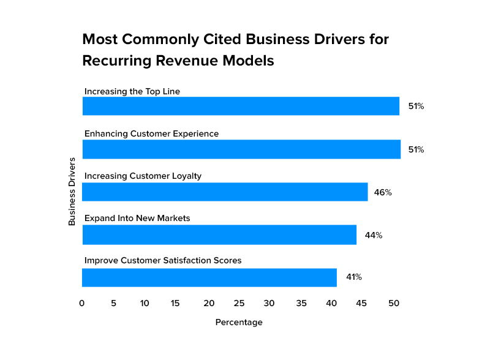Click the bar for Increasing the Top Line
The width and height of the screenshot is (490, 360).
pos(241,106)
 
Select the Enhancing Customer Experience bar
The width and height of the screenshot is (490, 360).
pos(241,149)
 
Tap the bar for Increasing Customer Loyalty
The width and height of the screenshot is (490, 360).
pos(225,192)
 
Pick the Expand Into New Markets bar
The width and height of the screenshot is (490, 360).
pos(219,234)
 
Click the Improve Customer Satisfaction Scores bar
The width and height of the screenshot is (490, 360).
pos(209,277)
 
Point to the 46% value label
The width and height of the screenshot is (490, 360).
pos(383,192)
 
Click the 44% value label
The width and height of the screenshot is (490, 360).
pos(374,235)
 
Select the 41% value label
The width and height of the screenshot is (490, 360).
pos(354,277)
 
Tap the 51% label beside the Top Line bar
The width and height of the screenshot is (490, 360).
pos(417,107)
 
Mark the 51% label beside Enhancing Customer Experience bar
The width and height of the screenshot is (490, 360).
pos(417,149)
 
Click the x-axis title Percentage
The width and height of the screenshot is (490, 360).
pos(239,322)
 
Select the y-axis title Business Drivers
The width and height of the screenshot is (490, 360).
pos(72,192)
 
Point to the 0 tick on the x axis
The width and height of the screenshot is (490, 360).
pos(82,302)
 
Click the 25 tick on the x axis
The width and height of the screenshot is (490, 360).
pos(239,302)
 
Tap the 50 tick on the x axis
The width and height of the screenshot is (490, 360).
pos(394,302)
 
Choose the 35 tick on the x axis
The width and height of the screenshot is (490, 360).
pos(301,302)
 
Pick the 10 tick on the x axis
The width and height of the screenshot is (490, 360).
pos(145,302)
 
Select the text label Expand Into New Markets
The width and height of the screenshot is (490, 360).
pos(137,218)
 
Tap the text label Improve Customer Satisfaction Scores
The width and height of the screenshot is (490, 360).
pos(163,261)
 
